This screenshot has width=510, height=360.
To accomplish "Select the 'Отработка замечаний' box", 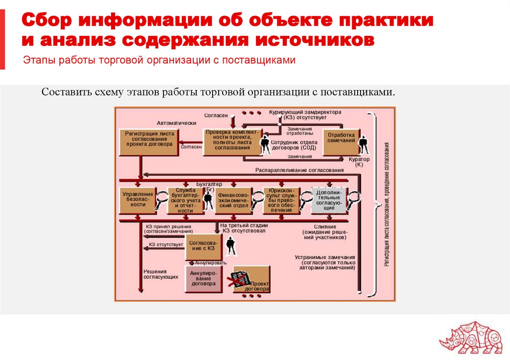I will (x=341, y=138).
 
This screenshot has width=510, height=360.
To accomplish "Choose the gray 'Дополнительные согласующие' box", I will (x=329, y=201).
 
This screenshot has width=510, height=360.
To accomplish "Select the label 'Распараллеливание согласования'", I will (x=300, y=171).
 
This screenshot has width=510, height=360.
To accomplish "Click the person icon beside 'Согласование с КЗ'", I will (x=230, y=245).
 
